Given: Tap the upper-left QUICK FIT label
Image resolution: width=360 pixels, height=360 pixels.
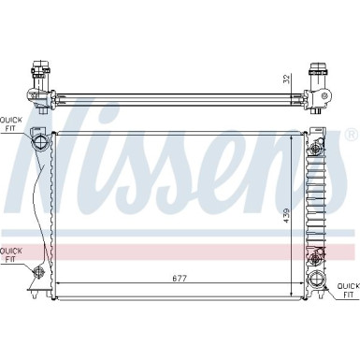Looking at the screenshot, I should [x=10, y=124].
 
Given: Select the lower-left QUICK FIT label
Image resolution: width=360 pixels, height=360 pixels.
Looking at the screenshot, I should [x=10, y=255].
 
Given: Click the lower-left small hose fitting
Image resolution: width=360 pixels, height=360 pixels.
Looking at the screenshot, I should [x=40, y=272].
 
